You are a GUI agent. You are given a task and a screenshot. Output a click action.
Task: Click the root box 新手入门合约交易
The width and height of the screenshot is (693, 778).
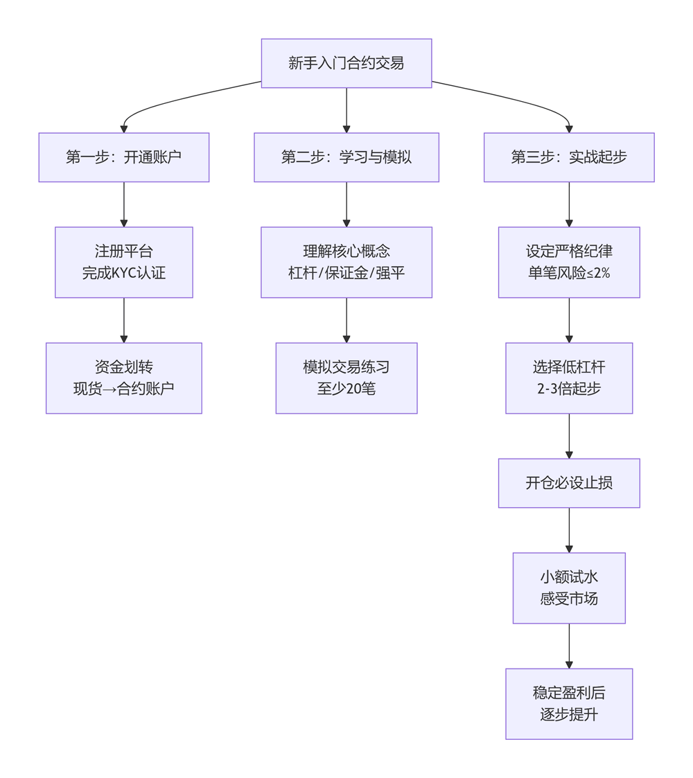pos(346,63)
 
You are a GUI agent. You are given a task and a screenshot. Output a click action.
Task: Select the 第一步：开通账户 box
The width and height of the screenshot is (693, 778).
pos(123,157)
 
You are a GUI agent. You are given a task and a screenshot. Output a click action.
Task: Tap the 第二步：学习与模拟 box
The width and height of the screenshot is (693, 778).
pos(346,157)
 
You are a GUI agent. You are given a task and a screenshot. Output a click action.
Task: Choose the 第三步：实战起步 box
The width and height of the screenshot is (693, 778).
pos(568,157)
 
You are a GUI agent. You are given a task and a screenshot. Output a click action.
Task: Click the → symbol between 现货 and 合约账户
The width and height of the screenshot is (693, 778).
pos(108,389)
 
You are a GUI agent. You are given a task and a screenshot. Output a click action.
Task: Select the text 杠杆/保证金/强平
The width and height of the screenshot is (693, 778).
pos(346,273)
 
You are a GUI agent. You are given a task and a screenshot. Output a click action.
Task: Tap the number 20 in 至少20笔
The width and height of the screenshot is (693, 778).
pos(352,389)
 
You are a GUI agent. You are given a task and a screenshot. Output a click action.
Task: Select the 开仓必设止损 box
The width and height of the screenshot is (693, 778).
pos(568,483)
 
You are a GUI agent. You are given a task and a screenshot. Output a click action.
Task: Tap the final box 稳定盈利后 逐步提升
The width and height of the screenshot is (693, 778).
pos(568,703)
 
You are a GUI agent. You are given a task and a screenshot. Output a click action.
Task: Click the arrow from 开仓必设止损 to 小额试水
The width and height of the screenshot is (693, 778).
pos(569,529)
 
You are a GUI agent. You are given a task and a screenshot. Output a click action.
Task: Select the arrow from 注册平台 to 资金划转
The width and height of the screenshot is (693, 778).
pos(124,319)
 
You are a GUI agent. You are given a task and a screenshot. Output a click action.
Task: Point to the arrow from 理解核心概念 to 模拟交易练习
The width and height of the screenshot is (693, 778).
pos(346,319)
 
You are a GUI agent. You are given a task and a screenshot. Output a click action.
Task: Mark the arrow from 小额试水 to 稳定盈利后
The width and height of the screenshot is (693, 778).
pos(569,645)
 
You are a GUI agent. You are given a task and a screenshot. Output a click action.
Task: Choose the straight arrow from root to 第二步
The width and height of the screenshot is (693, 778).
pos(346,109)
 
